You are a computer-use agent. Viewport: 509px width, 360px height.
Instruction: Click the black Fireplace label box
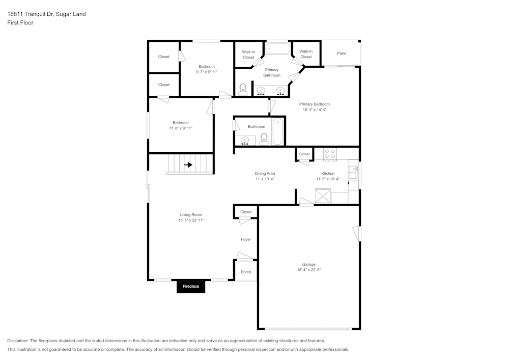click(191, 286)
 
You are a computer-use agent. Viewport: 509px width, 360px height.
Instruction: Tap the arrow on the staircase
click(188, 164)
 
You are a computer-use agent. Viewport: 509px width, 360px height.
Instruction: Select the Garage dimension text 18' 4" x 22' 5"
click(308, 270)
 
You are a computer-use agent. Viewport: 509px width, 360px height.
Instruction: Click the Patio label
click(341, 53)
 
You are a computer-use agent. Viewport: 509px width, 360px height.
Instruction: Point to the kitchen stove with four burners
click(330, 154)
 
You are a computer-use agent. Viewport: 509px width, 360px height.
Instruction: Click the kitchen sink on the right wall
click(353, 173)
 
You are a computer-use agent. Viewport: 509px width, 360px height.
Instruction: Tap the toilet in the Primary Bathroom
click(243, 90)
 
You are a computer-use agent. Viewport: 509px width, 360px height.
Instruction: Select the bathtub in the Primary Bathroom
click(277, 49)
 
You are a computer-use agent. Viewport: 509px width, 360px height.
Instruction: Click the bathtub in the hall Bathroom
click(277, 131)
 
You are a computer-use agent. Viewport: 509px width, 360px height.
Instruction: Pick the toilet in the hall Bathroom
click(264, 139)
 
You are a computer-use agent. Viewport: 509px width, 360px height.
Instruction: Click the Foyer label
click(246, 239)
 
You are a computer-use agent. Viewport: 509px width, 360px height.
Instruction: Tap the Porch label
click(246, 272)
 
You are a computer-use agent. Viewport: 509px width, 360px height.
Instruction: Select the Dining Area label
click(265, 174)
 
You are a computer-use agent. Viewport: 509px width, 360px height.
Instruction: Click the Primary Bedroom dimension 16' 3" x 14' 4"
click(314, 109)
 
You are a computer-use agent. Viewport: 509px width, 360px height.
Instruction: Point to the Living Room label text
click(191, 215)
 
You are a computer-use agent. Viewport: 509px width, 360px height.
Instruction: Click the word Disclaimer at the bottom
click(18, 341)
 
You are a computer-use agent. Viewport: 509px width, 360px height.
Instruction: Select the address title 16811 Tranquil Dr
click(46, 14)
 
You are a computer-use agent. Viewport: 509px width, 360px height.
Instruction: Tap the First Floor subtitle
click(20, 23)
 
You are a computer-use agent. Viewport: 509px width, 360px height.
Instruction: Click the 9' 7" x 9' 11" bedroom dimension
click(207, 72)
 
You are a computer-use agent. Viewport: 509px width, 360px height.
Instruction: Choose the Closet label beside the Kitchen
click(304, 154)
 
